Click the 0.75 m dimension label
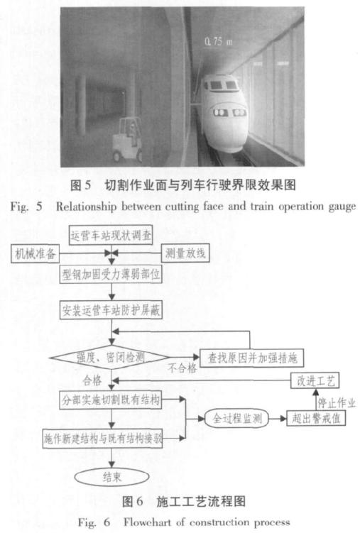tap(218, 41)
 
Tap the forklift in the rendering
tap(128, 140)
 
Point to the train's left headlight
tap(220, 112)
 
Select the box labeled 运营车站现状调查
tap(111, 235)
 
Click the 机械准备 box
tap(35, 253)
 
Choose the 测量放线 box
tap(185, 253)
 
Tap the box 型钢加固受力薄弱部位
tap(111, 274)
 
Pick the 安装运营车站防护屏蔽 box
tap(111, 310)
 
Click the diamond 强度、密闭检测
tap(110, 357)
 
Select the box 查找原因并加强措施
tap(252, 358)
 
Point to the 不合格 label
tap(182, 368)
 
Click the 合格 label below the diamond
tap(92, 380)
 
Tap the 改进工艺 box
tap(315, 381)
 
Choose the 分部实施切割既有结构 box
tap(111, 400)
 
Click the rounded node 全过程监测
tap(237, 419)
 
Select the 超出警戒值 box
tap(316, 419)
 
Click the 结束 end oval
tap(111, 477)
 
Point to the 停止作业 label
tap(337, 403)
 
